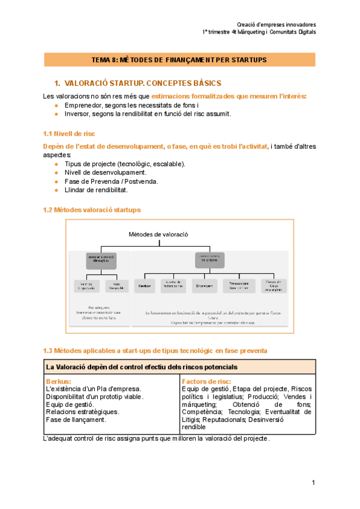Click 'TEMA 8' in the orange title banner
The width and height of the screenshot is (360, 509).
[104, 60]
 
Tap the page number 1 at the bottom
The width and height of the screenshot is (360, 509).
[313, 483]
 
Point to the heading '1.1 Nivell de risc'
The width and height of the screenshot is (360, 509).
[68, 133]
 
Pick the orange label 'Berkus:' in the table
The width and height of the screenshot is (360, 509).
[58, 381]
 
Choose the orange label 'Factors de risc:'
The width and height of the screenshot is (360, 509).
[206, 381]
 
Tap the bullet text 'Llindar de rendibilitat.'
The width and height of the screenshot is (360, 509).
[96, 190]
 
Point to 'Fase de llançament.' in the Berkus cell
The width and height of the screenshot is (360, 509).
[76, 420]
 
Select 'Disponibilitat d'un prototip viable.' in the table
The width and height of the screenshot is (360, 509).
[95, 396]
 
